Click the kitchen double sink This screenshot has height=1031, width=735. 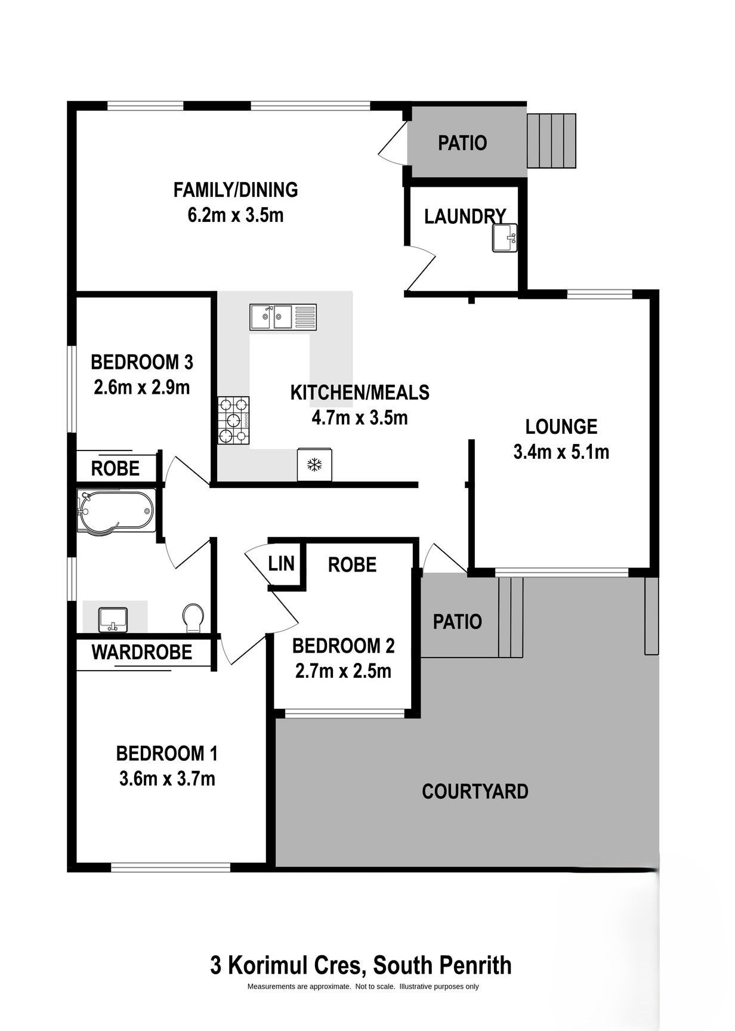283,317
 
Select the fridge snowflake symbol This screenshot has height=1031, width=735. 314,465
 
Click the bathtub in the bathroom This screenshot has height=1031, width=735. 116,511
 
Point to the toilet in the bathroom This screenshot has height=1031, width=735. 193,618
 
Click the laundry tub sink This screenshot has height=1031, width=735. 505,238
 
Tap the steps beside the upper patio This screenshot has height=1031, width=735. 551,141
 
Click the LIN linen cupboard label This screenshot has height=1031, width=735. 281,563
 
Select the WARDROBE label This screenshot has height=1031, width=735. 142,652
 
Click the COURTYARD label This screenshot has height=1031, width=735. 475,792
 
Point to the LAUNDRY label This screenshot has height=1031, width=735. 465,217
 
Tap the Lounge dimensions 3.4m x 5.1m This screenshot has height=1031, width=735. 561,452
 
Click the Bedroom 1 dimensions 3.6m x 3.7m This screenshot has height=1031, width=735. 167,779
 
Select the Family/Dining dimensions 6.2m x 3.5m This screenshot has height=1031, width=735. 236,215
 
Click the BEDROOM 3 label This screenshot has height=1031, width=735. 142,362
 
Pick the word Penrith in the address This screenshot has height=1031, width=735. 475,965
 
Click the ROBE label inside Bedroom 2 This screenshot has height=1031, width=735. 352,564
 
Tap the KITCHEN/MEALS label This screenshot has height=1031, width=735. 360,393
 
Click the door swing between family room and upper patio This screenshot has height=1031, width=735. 393,143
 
